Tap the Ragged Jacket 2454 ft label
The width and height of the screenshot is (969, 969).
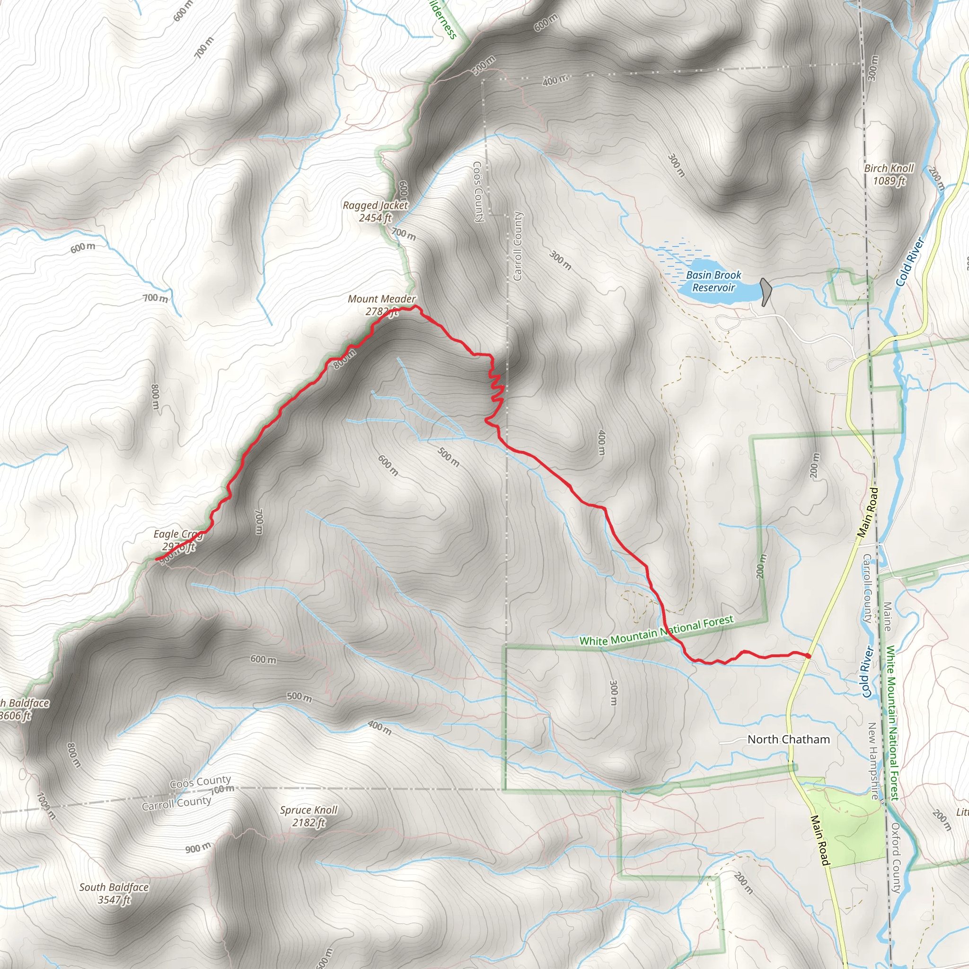tap(375, 211)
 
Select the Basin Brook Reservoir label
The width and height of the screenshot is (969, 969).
tap(713, 282)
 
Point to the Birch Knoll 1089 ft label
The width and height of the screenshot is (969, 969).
tap(889, 174)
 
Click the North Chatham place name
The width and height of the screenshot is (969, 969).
tap(788, 740)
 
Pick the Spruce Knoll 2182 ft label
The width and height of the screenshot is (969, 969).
tap(308, 816)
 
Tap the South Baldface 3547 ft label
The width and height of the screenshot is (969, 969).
tap(114, 893)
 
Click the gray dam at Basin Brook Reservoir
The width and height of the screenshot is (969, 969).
tap(766, 291)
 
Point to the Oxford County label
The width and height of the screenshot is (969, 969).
tap(896, 858)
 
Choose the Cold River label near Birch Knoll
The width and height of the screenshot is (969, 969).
tap(910, 262)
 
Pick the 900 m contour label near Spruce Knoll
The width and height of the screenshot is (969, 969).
tap(198, 849)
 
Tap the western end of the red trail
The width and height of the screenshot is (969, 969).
tap(157, 559)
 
